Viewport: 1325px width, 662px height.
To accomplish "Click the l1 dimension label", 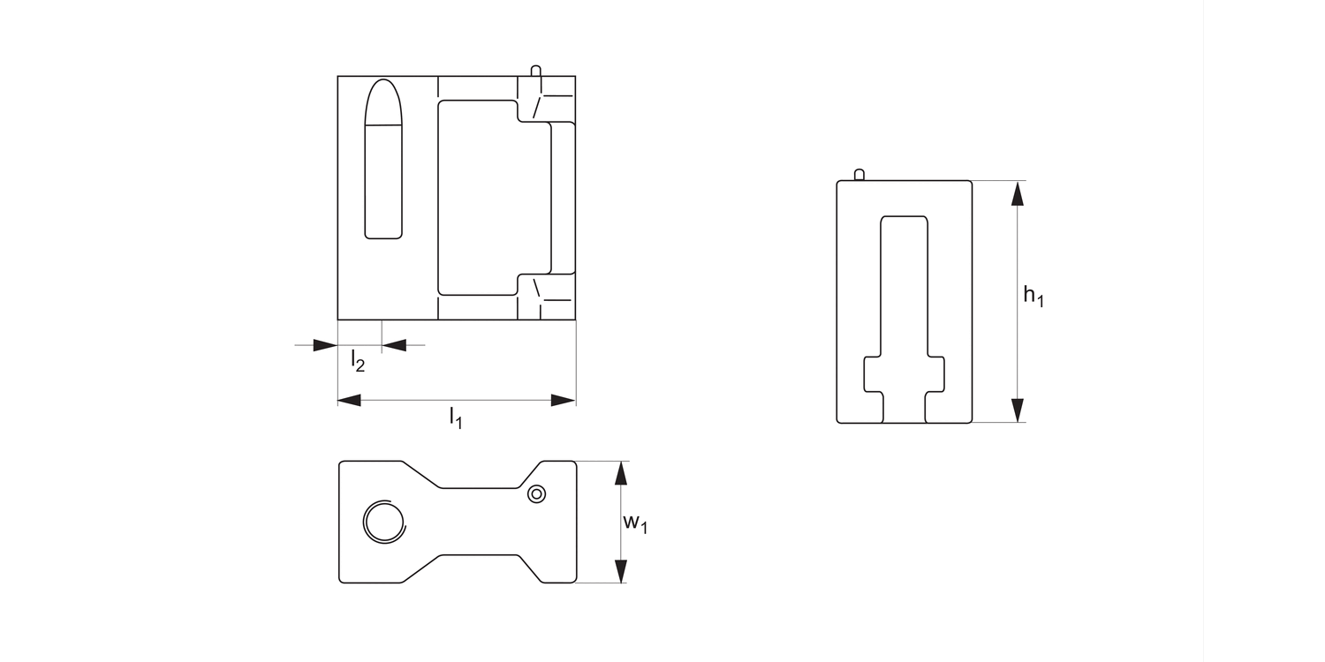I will (456, 418).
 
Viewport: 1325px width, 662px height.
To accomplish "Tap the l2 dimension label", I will (357, 360).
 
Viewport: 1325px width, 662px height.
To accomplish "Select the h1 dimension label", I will (1033, 296).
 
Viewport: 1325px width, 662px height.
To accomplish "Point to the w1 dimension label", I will (635, 523).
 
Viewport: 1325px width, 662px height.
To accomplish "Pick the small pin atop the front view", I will (535, 71).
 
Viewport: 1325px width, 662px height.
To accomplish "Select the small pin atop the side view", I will (859, 175).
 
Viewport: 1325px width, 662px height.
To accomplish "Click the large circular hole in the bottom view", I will (384, 522).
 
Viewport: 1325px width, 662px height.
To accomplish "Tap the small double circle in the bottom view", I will (536, 494).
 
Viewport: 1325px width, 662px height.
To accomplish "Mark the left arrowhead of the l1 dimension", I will (350, 401).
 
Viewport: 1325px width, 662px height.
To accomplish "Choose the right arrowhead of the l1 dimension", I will (564, 401).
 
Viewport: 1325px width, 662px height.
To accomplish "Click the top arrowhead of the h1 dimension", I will (1018, 193).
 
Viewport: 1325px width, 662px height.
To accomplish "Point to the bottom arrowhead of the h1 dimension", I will (1018, 410).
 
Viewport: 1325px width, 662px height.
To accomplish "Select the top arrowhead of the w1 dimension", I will (621, 473).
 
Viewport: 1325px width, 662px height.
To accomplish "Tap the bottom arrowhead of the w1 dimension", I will (621, 571).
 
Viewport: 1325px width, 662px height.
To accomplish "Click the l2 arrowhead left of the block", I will (325, 345).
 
